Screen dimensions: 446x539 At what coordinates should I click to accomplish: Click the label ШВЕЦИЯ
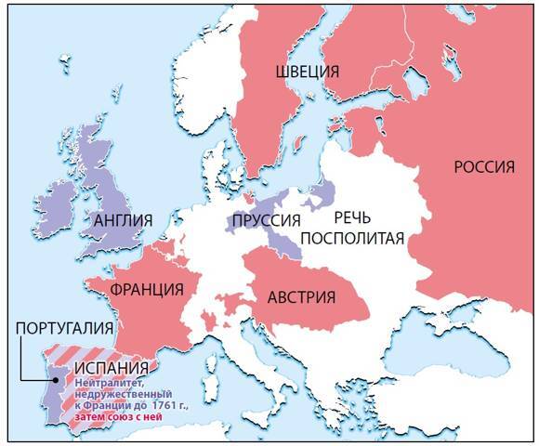point(307,72)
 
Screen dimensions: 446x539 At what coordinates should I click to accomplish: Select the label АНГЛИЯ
point(124,220)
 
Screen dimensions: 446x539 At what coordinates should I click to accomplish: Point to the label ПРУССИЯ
point(267,220)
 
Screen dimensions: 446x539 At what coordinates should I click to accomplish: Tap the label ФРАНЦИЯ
point(145,287)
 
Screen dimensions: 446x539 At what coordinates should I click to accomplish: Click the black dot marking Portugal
point(49,379)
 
